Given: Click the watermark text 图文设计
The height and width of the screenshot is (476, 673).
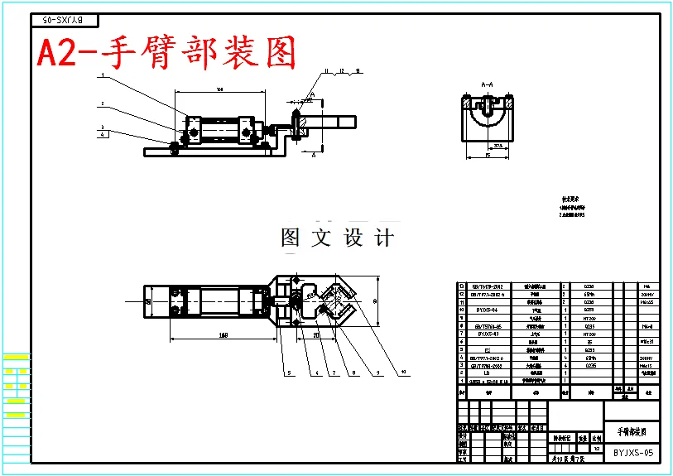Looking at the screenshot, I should (337, 238).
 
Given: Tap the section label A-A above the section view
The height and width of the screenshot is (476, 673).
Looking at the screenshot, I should (488, 84).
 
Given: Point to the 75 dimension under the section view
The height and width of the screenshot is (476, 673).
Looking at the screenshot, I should (488, 155).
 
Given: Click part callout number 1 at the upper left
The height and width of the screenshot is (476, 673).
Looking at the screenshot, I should (102, 75).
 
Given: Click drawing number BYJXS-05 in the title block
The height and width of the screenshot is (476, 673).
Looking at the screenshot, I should (633, 453).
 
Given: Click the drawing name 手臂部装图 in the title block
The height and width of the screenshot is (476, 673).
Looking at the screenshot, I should (632, 432).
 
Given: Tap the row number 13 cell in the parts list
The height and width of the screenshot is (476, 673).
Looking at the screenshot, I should (461, 286).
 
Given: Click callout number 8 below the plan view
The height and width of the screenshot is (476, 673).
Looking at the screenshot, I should (354, 372).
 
